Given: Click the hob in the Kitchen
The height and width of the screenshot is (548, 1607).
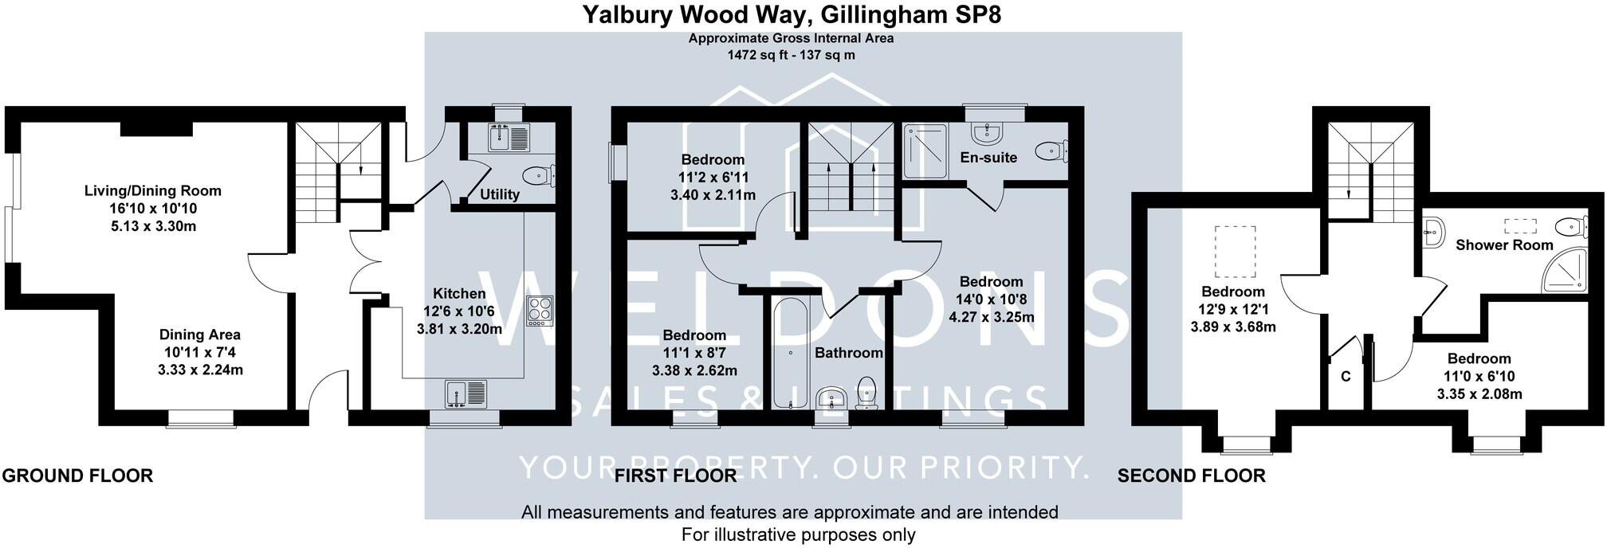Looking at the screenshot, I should (540, 310).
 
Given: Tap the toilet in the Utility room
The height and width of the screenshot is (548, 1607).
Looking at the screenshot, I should (540, 175).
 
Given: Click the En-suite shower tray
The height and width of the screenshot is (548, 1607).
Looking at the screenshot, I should (925, 150).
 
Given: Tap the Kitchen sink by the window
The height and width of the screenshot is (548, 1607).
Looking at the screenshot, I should (466, 394).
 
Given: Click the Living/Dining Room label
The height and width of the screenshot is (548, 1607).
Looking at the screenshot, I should (153, 191).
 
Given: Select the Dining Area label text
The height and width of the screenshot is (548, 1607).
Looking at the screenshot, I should (199, 335).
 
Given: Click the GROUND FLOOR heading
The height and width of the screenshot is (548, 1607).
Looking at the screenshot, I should (77, 476).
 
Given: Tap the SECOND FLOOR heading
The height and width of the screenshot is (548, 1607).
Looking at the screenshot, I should (1191, 476).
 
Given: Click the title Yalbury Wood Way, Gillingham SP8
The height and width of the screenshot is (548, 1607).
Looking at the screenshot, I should (791, 14).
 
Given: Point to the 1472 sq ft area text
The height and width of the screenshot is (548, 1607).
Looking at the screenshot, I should (791, 55).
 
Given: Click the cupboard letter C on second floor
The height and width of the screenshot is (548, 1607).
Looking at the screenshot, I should (1346, 377).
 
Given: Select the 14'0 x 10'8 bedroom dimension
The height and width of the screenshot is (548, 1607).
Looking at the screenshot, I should (991, 299).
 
